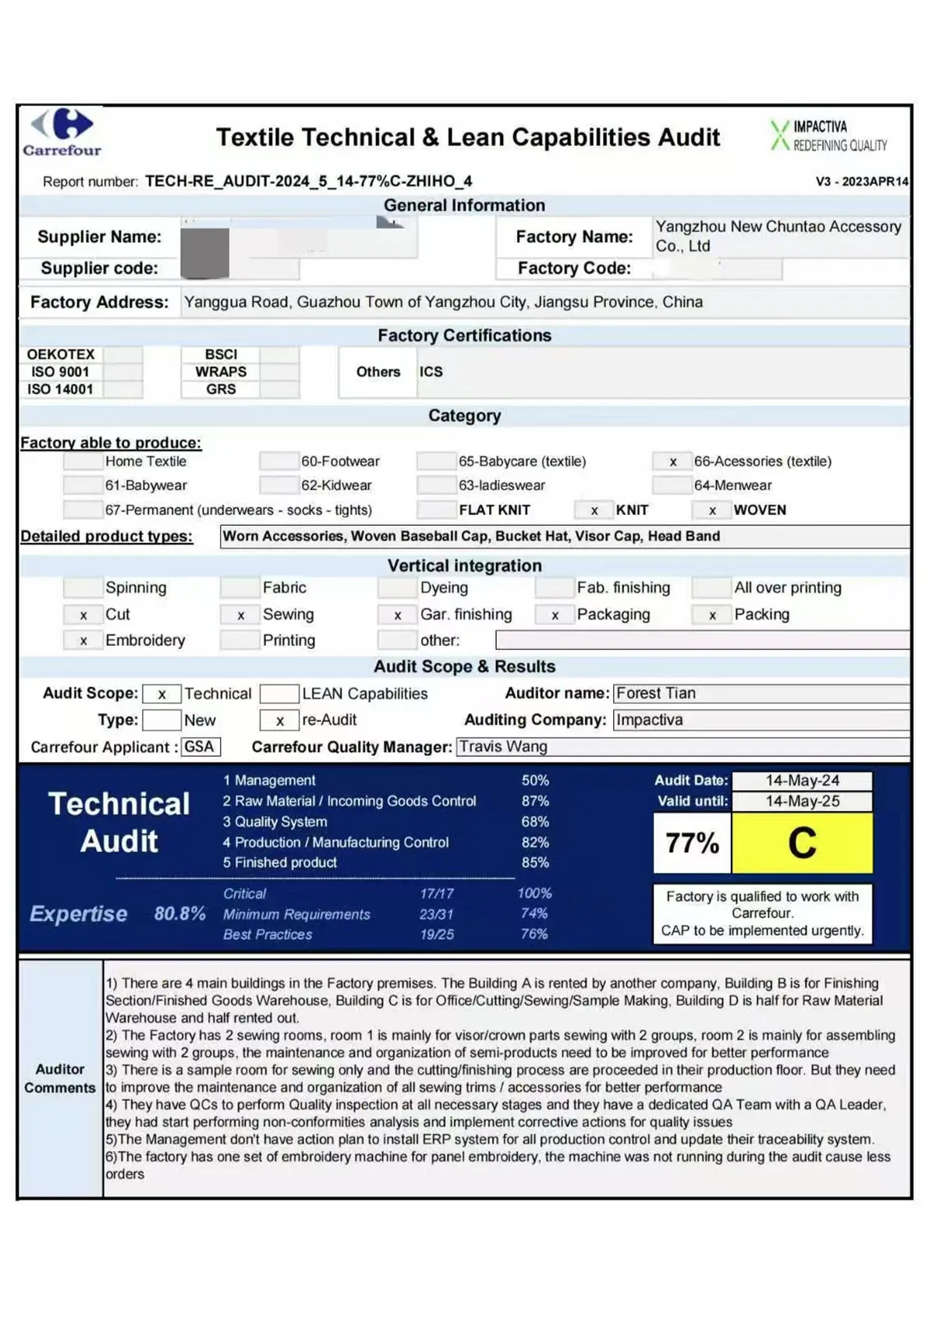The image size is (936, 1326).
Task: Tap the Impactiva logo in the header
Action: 828,136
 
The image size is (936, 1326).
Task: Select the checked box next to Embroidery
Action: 83,641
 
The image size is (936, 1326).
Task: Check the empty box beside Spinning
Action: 83,588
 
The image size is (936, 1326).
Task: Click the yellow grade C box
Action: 802,843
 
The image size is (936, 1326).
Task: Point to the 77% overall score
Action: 692,843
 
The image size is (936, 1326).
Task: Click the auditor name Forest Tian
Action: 656,693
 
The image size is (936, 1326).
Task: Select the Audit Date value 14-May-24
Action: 802,781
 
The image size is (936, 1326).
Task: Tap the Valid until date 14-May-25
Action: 802,801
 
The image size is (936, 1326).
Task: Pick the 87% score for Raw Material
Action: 535,801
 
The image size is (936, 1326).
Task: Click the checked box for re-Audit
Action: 279,721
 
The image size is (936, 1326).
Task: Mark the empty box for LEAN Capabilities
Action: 279,694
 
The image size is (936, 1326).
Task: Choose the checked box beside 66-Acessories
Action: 672,462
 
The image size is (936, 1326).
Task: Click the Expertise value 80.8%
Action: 179,913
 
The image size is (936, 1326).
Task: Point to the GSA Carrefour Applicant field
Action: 200,747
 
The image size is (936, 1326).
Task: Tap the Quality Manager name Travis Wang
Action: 503,747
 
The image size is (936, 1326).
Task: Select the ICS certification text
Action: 431,372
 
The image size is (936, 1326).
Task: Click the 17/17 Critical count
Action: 436,894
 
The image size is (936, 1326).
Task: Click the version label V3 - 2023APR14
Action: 862,182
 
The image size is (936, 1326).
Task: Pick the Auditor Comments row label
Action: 60,1079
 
